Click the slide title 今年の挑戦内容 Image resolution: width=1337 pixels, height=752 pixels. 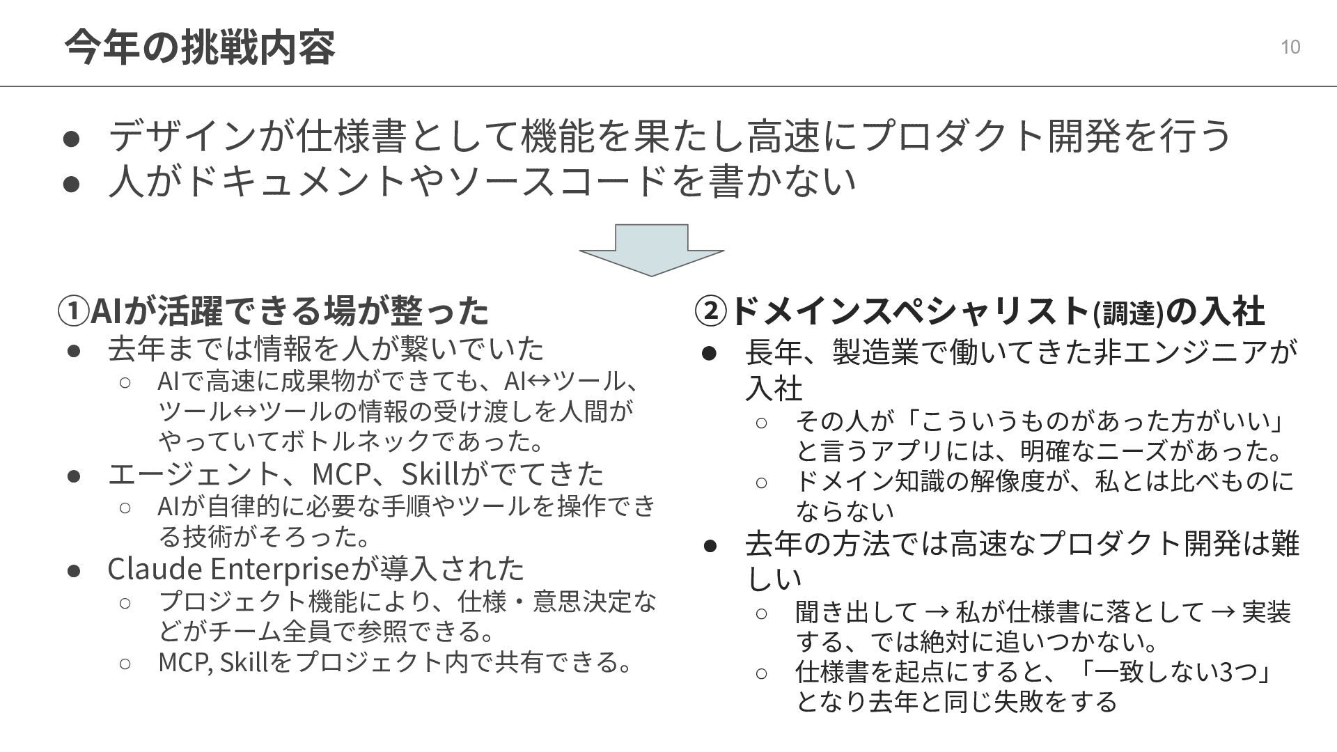click(199, 47)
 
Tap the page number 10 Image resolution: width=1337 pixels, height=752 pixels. click(1290, 47)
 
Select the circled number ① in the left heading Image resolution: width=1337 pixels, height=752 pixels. click(74, 311)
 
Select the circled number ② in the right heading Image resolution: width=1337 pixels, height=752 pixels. click(710, 311)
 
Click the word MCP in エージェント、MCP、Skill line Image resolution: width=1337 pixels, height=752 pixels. click(341, 474)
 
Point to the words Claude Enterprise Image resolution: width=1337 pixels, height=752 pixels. click(227, 569)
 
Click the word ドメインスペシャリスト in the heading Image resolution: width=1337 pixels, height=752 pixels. click(909, 311)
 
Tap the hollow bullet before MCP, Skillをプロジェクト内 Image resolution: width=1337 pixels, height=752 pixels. click(125, 663)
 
